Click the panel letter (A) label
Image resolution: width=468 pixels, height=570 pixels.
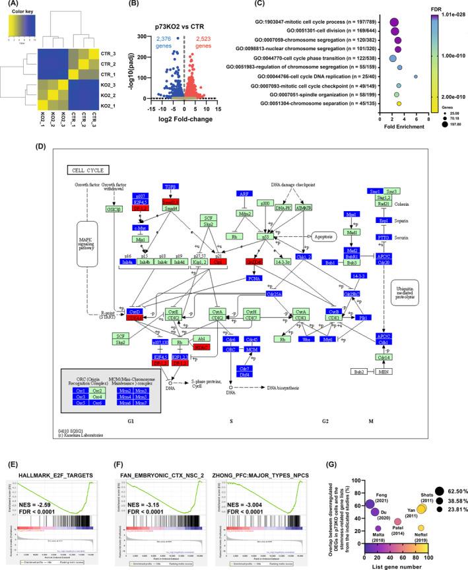[x=11, y=6]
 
